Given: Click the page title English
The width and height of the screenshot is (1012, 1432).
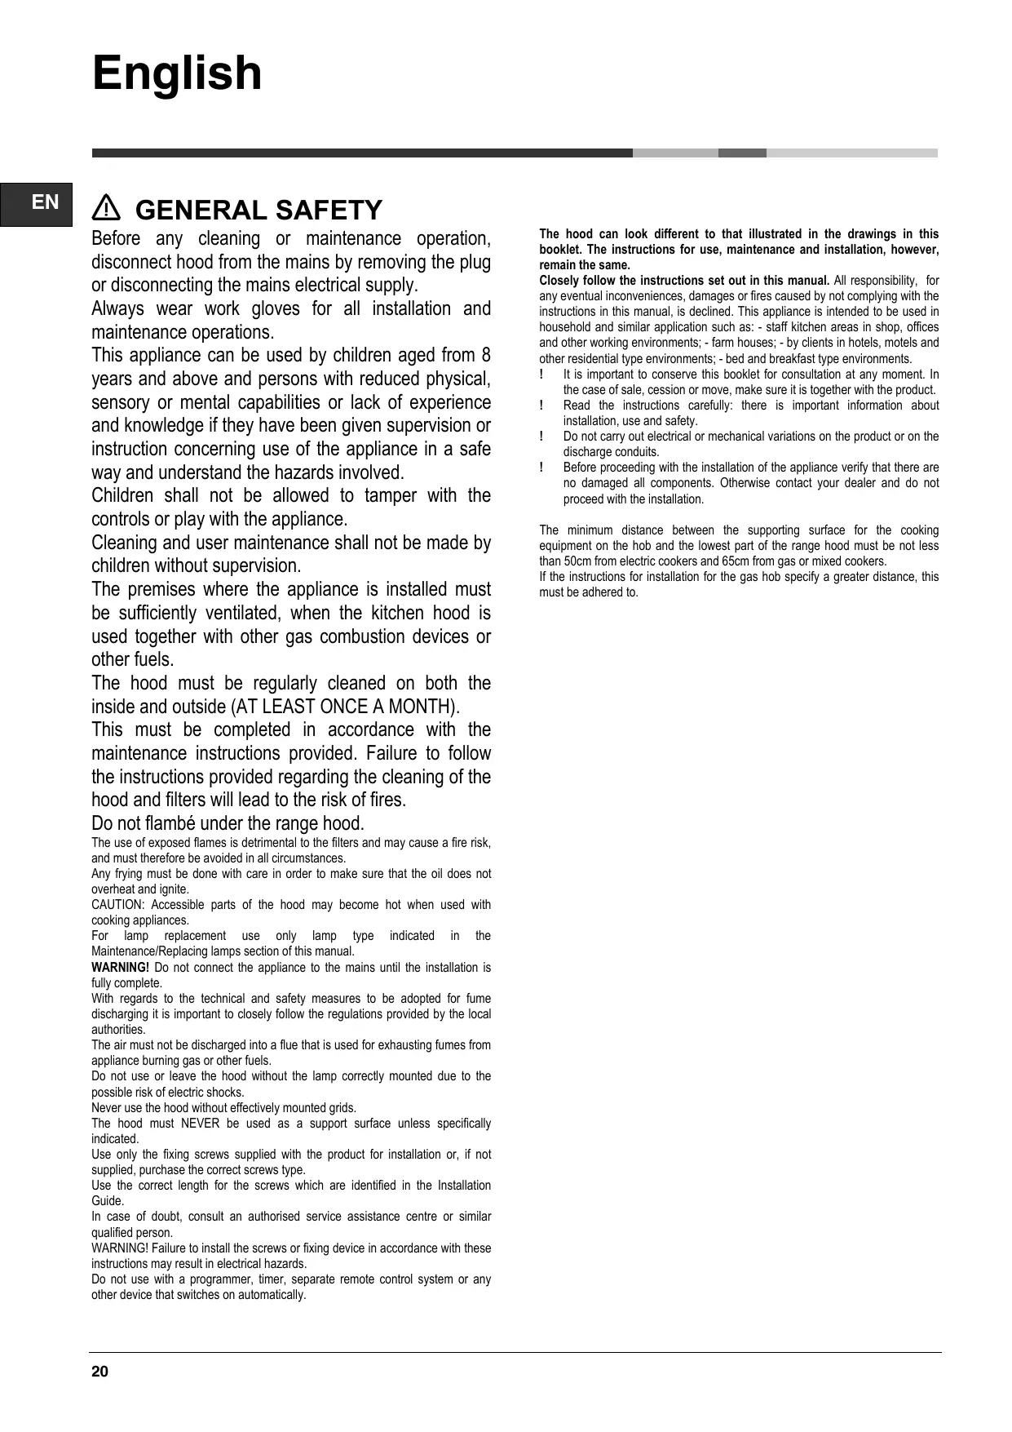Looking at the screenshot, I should point(177,73).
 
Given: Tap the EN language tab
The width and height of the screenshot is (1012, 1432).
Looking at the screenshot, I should point(46,202).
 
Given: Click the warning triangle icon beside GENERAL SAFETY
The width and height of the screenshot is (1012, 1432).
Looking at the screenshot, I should point(107,210).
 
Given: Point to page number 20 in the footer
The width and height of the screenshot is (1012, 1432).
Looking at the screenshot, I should point(99,1372).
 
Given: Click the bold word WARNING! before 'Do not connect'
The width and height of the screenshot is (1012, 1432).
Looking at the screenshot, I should point(120,968).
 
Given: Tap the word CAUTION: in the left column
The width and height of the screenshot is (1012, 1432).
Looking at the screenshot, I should point(117,905).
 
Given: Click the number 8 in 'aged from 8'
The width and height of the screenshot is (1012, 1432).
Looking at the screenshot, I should point(486,356).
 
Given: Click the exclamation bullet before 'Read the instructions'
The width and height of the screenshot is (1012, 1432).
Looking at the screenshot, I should point(541,406).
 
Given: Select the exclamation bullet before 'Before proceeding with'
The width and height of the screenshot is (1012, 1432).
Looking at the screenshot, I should point(541,468).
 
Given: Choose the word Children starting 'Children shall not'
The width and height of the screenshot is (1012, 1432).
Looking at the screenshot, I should point(122,496).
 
